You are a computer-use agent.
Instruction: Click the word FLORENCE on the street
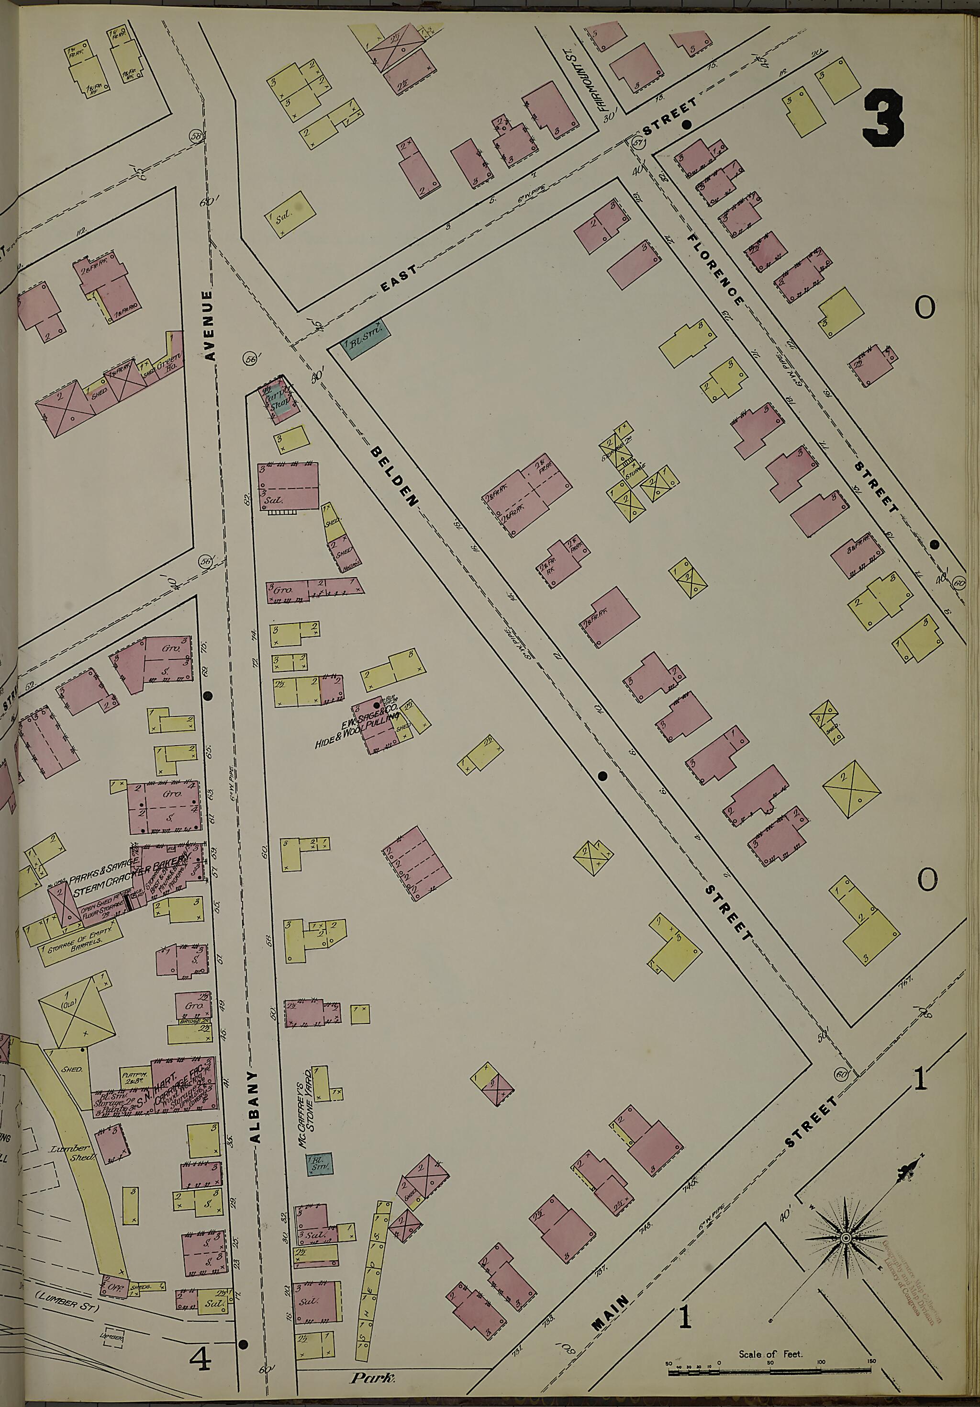pos(715,269)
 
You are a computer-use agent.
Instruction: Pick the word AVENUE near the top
pos(210,325)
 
